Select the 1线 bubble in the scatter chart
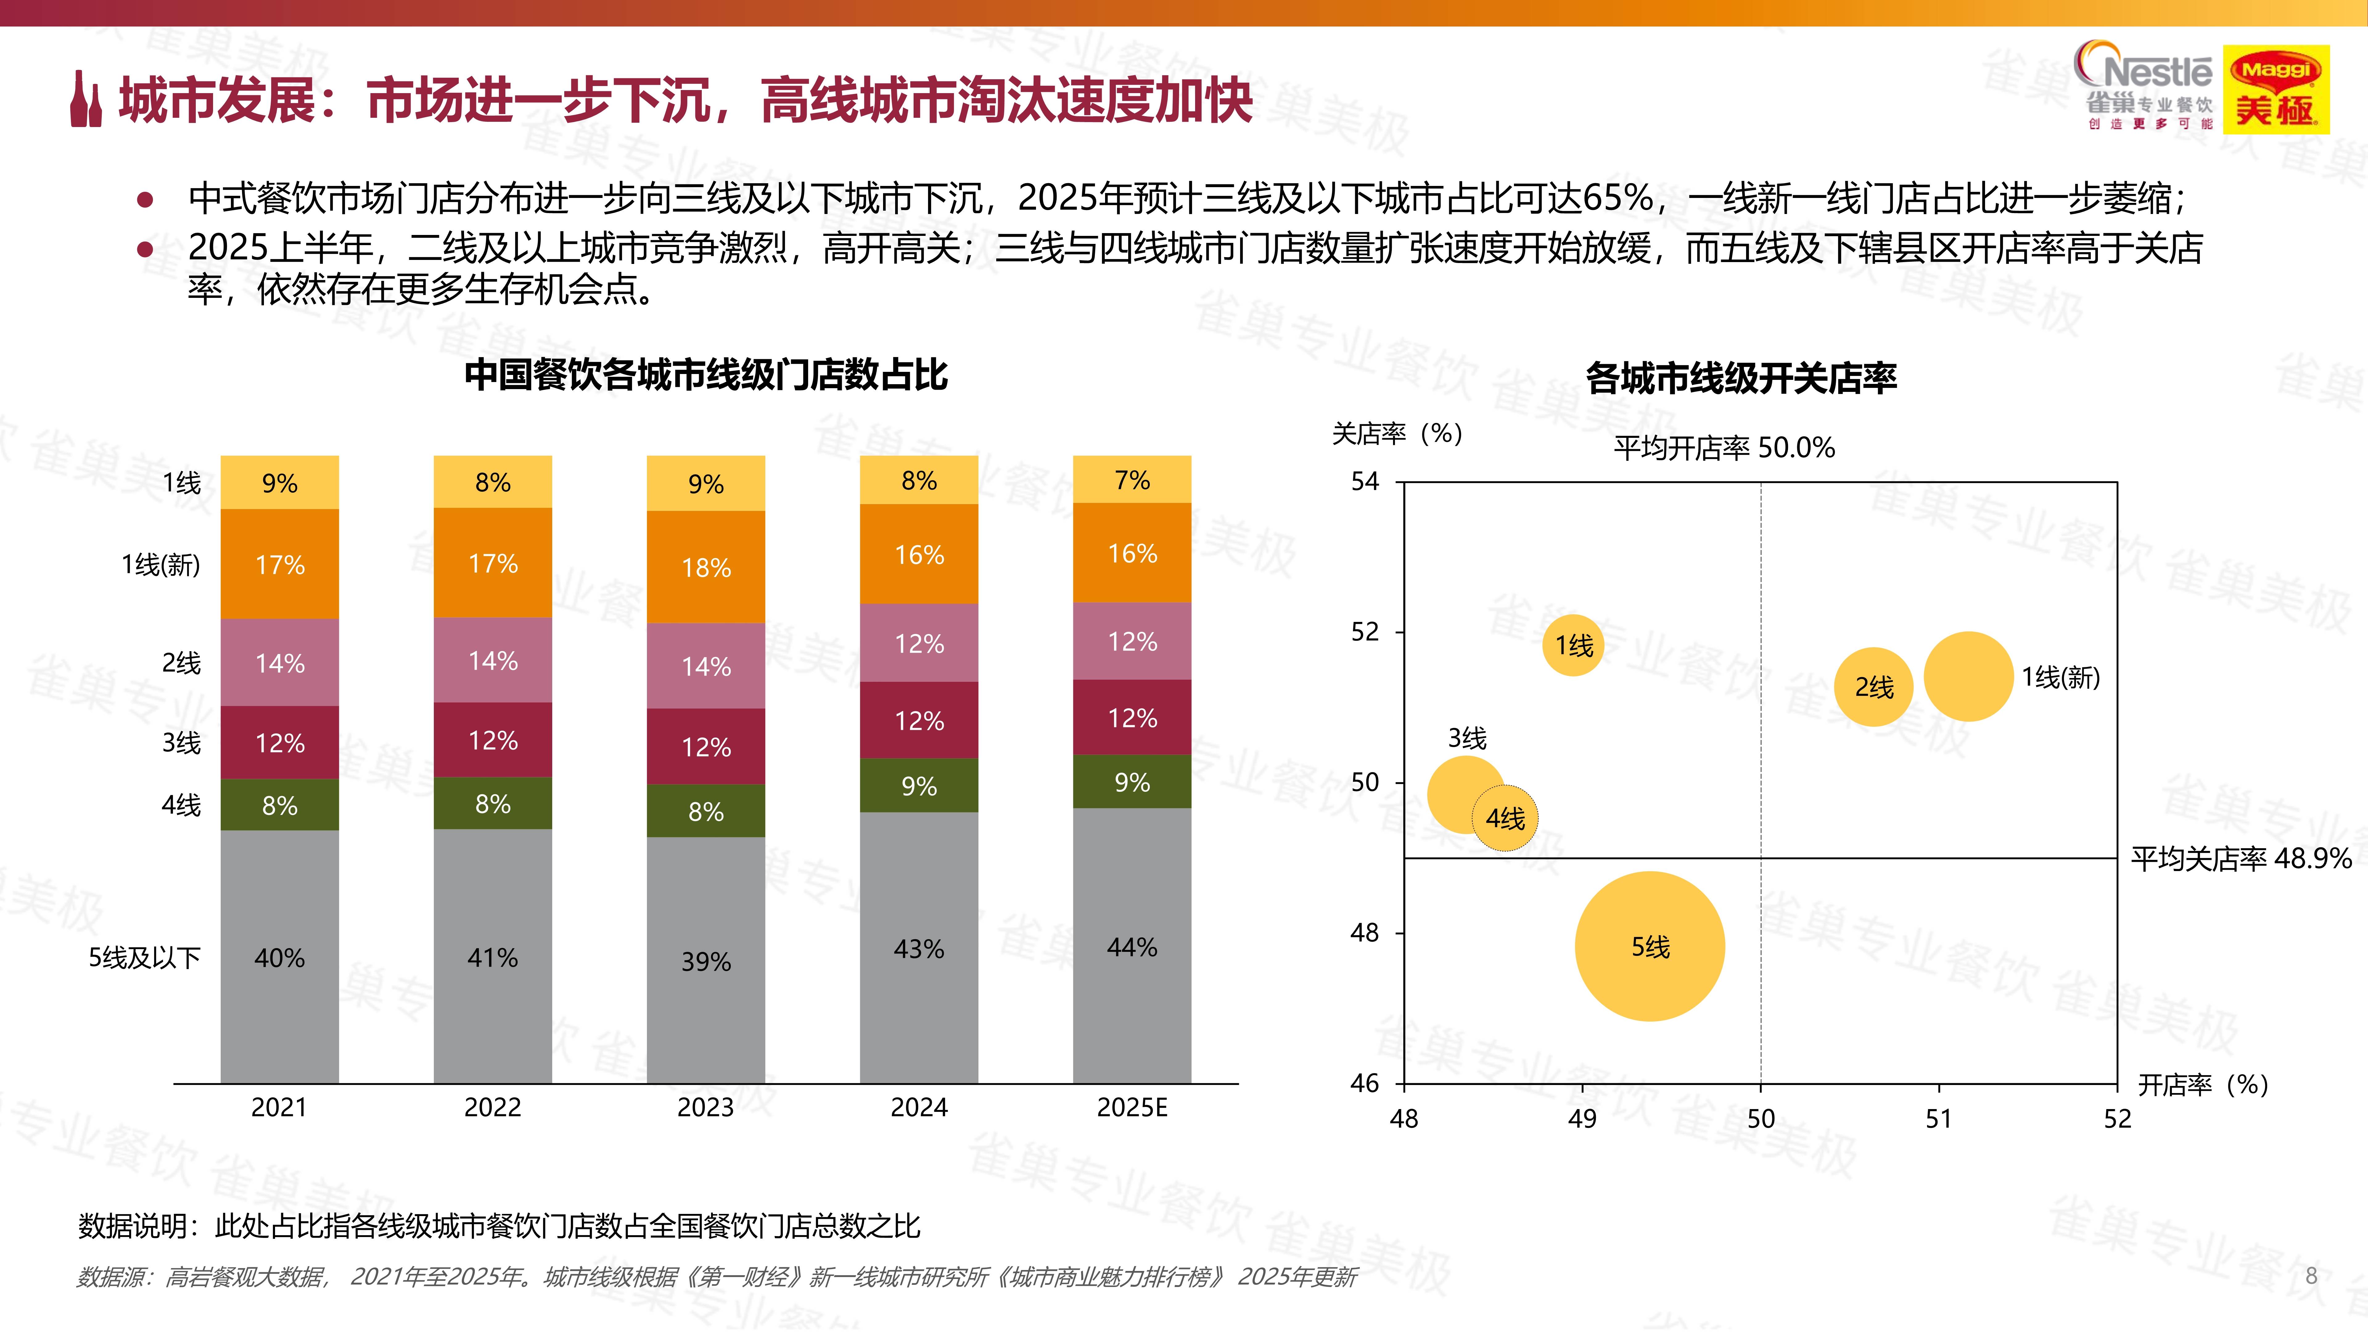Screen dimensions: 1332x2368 1573,645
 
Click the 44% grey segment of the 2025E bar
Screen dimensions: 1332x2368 1132,947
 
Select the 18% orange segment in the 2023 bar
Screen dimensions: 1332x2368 706,567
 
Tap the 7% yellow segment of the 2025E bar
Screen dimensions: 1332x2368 1132,480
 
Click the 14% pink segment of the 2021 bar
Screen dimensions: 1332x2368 279,663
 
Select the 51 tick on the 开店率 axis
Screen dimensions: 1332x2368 1939,1119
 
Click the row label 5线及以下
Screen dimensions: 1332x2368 144,958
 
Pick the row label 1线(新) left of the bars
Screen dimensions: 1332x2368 161,565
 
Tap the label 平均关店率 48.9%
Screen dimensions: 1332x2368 2240,859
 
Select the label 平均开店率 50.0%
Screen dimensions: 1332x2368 1724,448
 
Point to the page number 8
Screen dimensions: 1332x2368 2311,1276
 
